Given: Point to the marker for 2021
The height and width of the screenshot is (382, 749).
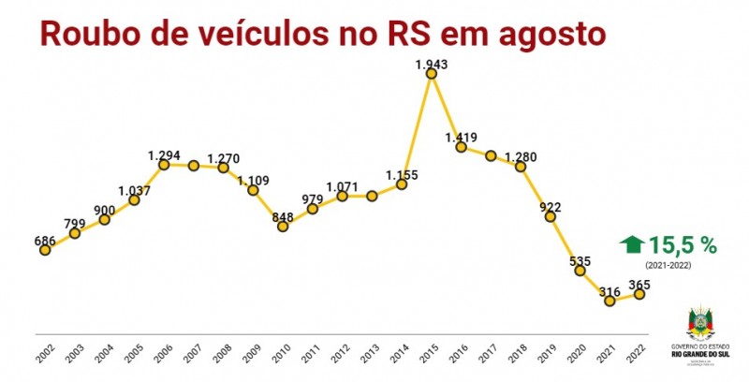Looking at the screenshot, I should pyautogui.click(x=609, y=301).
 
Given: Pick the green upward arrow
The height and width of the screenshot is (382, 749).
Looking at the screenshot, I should pyautogui.click(x=632, y=245).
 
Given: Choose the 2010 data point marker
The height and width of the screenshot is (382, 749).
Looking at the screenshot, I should pyautogui.click(x=283, y=227).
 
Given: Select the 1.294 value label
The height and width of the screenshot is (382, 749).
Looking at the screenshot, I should pyautogui.click(x=164, y=154).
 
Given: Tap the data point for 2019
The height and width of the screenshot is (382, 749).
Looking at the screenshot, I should pyautogui.click(x=551, y=216).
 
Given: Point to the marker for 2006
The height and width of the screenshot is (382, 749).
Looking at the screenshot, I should pyautogui.click(x=164, y=165).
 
